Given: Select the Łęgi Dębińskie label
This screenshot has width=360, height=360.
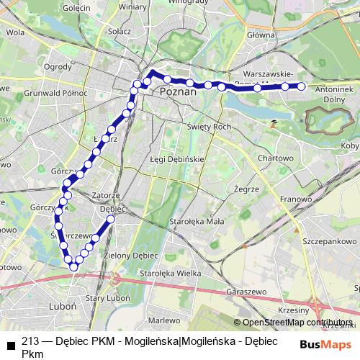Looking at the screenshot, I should coord(177,158).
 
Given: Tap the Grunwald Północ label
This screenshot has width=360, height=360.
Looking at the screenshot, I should coord(55,94).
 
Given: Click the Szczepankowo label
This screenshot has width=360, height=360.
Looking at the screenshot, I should coord(330,241).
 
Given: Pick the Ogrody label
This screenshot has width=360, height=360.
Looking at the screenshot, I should coord(57,67).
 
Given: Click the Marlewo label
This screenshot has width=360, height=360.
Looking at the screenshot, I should coord(164,320).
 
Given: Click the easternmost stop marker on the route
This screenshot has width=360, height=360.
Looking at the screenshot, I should coord(302,86).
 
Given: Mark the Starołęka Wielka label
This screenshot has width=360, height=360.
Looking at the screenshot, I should coord(170,274).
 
